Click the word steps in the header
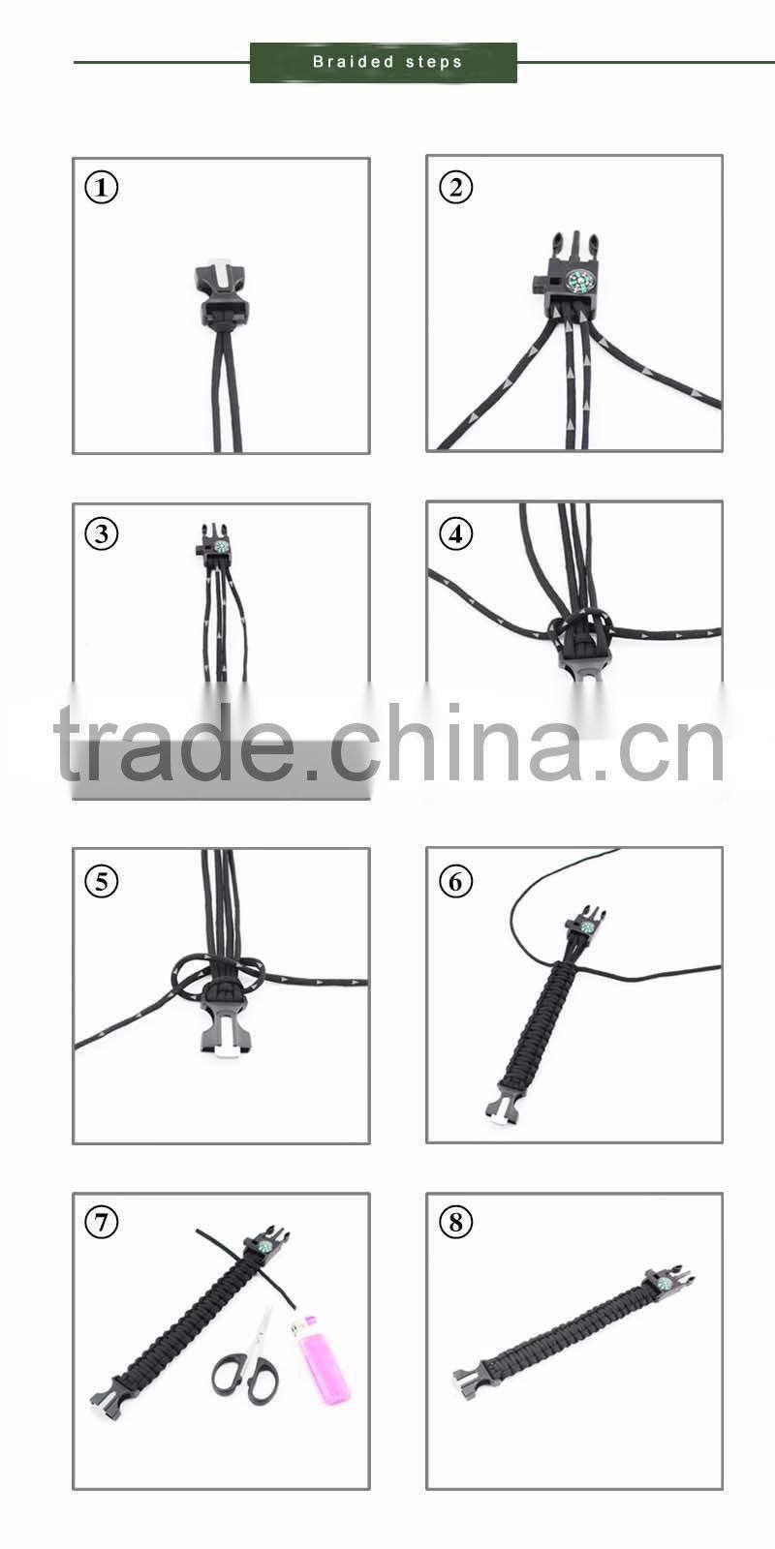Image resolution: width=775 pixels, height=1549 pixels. [434, 62]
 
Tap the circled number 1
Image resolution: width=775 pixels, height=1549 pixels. [102, 187]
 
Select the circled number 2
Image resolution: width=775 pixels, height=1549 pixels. [456, 187]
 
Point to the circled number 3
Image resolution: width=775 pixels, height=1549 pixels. [102, 533]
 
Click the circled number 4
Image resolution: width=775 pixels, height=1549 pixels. [456, 533]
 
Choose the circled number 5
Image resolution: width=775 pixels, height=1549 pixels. [102, 881]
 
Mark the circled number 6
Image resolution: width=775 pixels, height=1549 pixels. [456, 881]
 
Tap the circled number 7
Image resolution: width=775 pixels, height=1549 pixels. [102, 1223]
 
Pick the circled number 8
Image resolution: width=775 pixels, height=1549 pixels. [456, 1223]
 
